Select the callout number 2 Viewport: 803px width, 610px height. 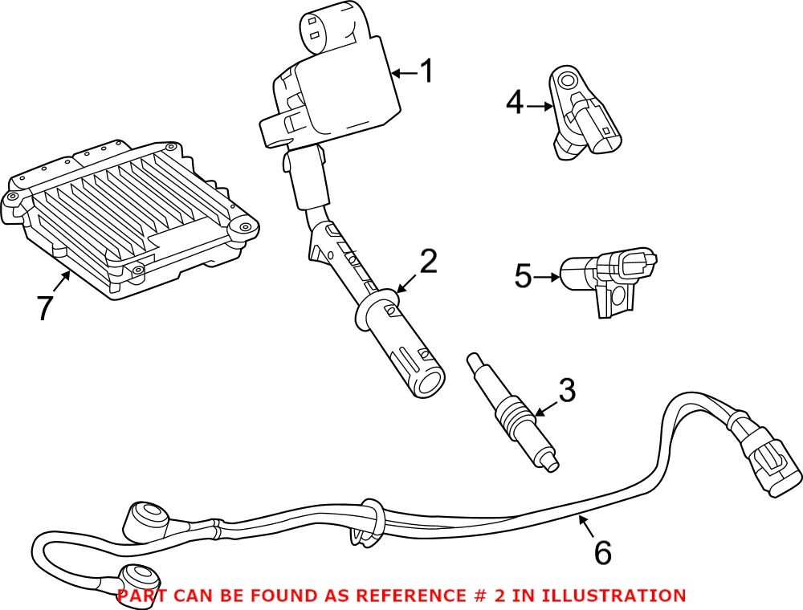pyautogui.click(x=428, y=262)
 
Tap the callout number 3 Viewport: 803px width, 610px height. pyautogui.click(x=566, y=392)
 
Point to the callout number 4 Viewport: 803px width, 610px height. pyautogui.click(x=515, y=103)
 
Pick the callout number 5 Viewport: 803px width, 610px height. pyautogui.click(x=523, y=277)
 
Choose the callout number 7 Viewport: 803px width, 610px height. pyautogui.click(x=46, y=307)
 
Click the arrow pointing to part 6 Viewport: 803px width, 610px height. pyautogui.click(x=585, y=526)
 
